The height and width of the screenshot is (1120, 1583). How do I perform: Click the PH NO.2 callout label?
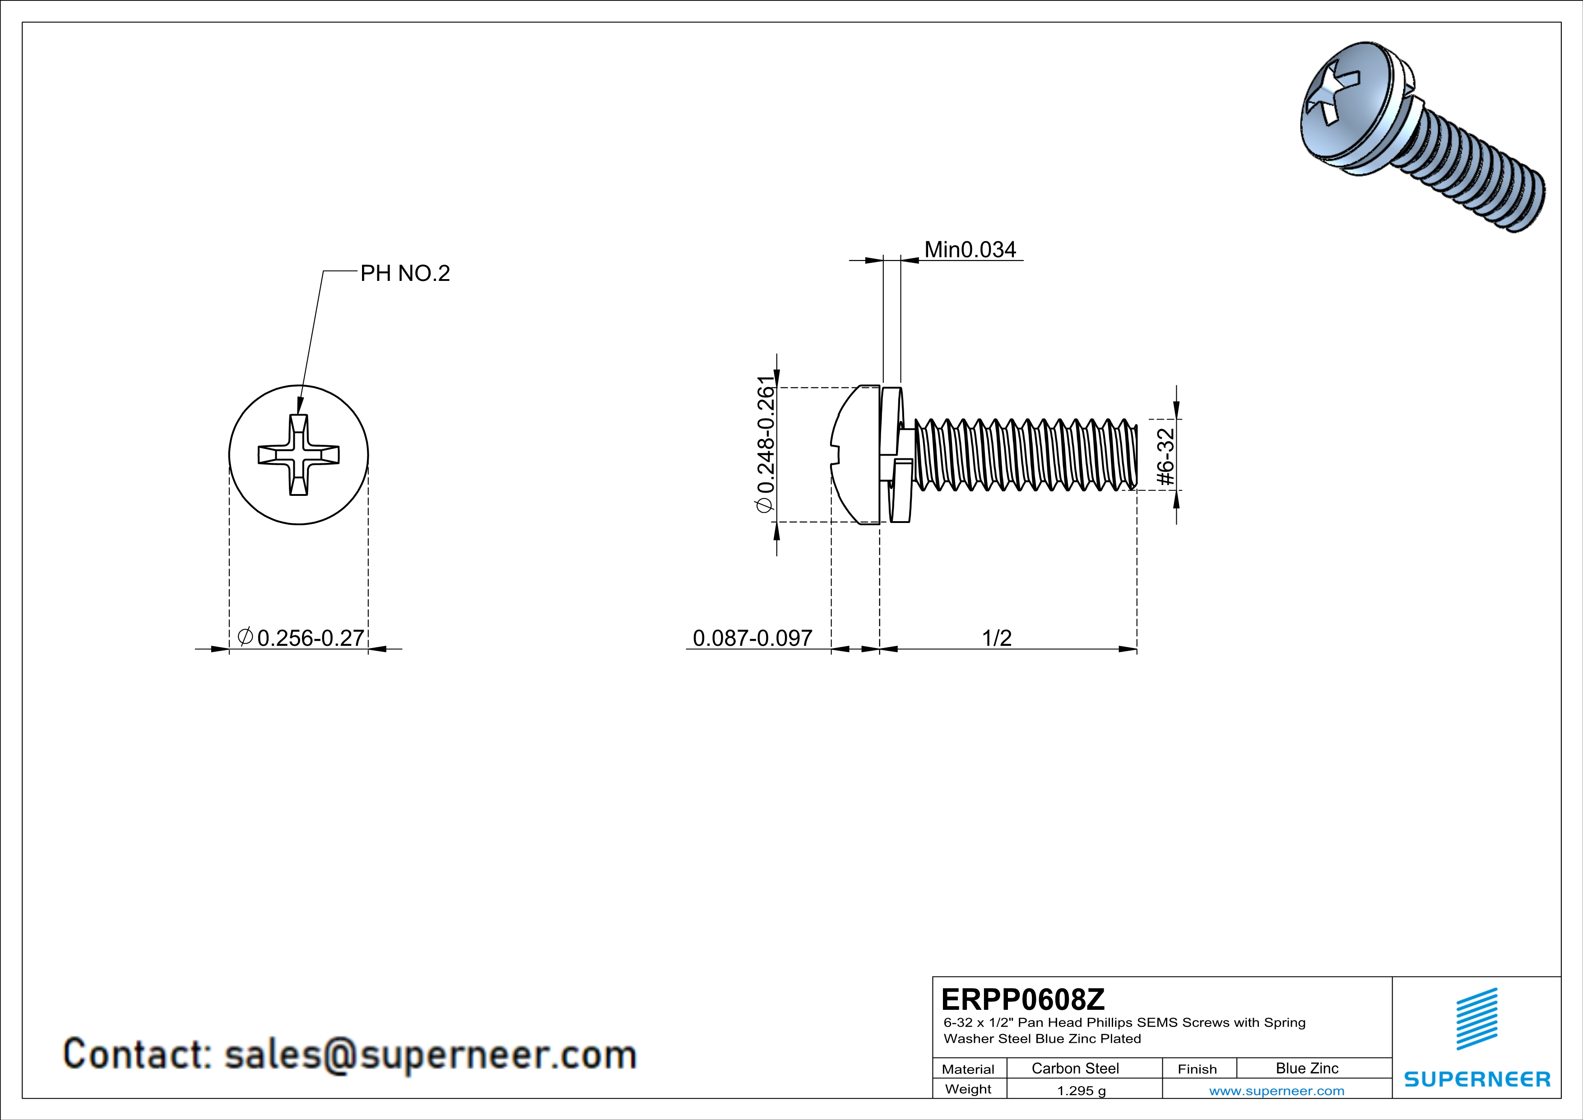[405, 274]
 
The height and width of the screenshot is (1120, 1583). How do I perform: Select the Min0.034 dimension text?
[970, 250]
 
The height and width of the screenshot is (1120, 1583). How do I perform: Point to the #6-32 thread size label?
[1165, 457]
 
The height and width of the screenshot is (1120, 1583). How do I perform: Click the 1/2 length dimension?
[996, 638]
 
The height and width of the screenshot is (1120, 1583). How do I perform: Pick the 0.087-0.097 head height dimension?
[752, 638]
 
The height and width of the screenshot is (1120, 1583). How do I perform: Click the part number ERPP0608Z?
[1022, 999]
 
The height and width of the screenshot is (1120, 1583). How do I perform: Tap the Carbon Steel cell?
[1075, 1068]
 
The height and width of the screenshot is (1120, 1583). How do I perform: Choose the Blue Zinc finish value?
[1306, 1068]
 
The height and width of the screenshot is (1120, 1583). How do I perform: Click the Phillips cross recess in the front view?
[298, 455]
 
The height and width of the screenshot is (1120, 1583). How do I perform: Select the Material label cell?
[968, 1069]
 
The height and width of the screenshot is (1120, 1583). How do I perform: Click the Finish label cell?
[1197, 1069]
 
